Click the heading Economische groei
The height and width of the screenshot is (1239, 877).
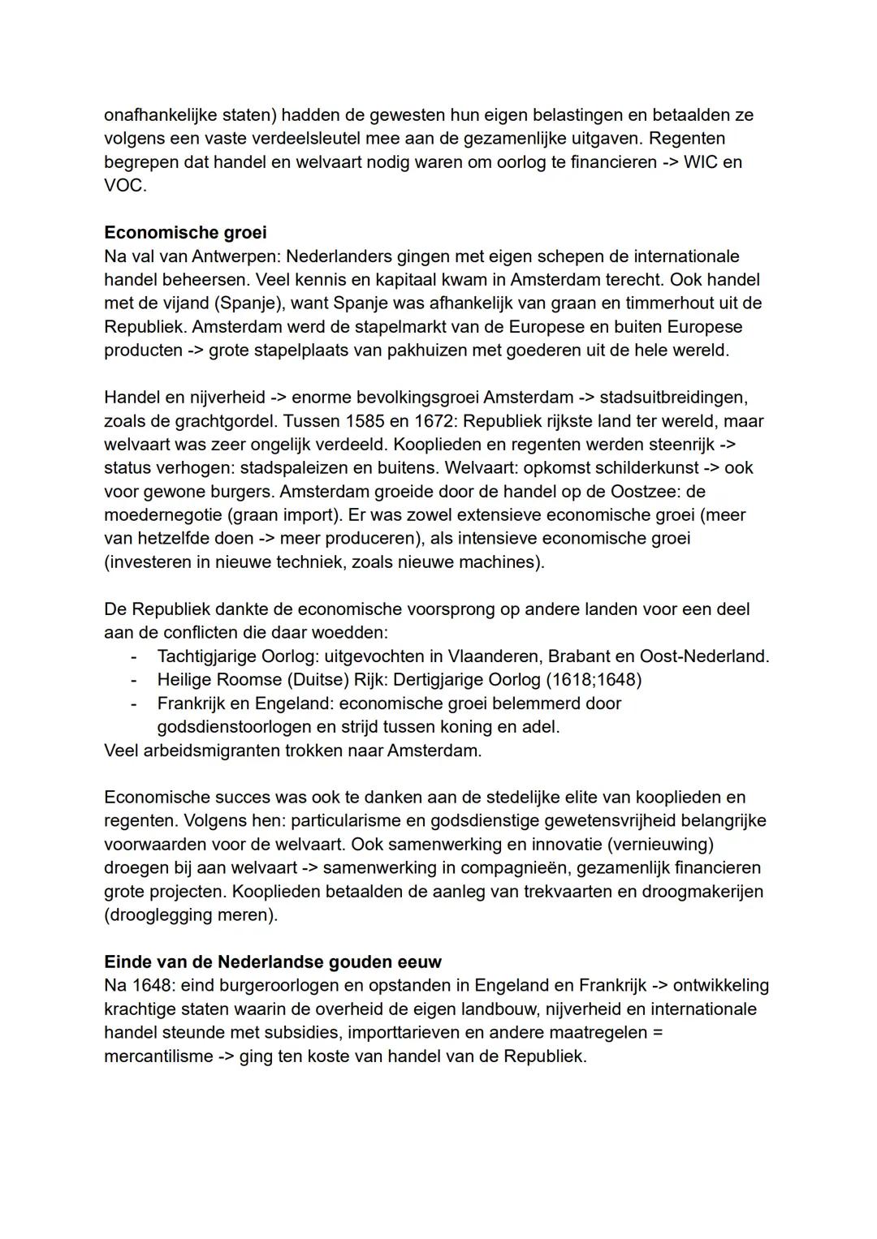coord(185,233)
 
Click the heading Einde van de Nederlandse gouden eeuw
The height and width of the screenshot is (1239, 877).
coord(273,962)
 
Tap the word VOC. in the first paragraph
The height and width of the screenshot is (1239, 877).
coord(125,186)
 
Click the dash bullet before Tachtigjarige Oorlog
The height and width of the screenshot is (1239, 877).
coord(134,656)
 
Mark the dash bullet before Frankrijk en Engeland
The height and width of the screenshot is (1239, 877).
coord(134,703)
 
